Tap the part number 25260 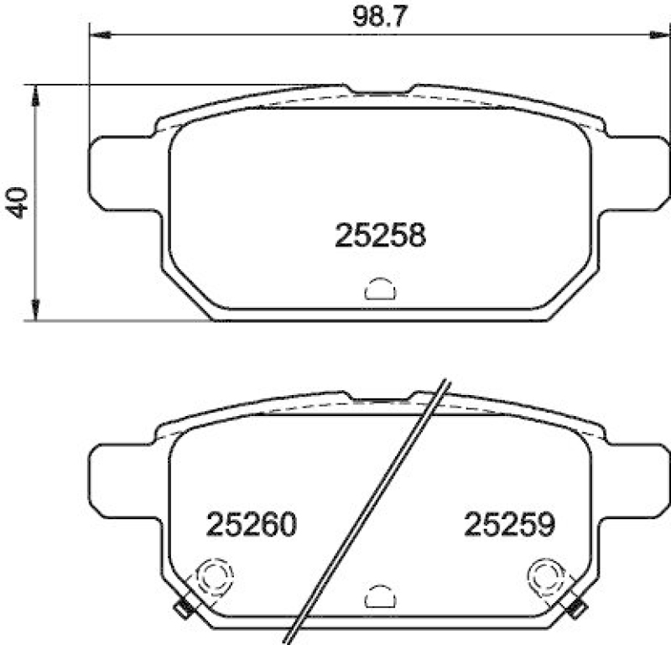(252, 526)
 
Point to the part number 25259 (510, 526)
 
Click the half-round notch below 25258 (380, 289)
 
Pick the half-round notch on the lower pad (380, 596)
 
